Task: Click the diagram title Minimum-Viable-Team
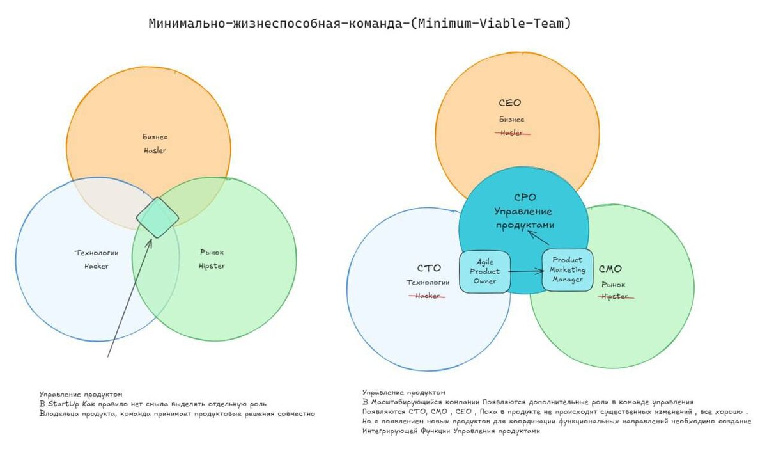pos(359,24)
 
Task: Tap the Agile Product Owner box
pos(484,272)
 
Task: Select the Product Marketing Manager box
pos(567,270)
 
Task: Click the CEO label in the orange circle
pos(510,103)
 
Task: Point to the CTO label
pos(429,269)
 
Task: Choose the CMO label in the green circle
pos(610,269)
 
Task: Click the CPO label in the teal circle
pos(525,198)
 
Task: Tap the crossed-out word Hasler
pos(511,133)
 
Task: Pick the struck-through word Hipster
pos(615,296)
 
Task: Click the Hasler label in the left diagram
pos(155,150)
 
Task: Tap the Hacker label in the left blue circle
pos(97,266)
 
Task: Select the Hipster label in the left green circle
pos(212,266)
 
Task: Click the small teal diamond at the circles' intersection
pos(157,218)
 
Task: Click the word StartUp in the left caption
pos(63,404)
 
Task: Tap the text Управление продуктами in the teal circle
pos(524,218)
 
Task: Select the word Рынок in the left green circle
pos(212,252)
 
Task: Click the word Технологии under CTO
pos(428,283)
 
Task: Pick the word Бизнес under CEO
pos(511,119)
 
